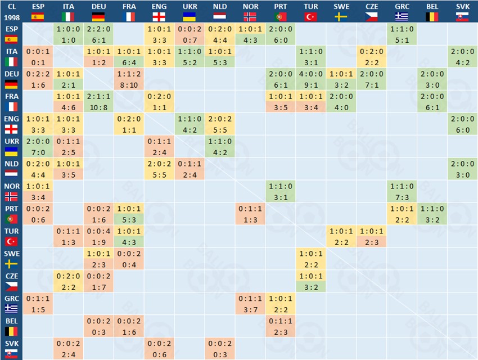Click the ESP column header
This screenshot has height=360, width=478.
(x=38, y=11)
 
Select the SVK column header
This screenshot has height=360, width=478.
(x=463, y=11)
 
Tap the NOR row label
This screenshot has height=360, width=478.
(x=11, y=191)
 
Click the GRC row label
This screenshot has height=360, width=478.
(x=11, y=304)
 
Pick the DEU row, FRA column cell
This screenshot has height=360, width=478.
(x=129, y=79)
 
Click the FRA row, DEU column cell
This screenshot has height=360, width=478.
(x=98, y=101)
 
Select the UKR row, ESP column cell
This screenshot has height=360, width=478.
(x=38, y=146)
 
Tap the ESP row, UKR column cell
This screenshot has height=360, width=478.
(x=190, y=34)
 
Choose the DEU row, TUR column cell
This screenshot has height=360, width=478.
(x=311, y=79)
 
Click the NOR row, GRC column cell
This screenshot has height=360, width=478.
(x=402, y=191)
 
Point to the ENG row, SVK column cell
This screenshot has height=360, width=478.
(x=463, y=124)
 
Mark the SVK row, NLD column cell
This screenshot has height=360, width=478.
(x=220, y=349)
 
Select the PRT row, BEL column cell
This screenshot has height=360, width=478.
(x=432, y=214)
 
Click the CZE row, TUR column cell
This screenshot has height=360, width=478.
(x=311, y=281)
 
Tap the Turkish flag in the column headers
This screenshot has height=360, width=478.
(x=311, y=17)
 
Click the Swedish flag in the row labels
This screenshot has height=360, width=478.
(x=11, y=264)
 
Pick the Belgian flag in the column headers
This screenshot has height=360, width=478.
(x=432, y=17)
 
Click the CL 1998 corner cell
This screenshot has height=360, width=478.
(x=11, y=11)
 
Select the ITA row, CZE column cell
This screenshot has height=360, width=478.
(x=372, y=56)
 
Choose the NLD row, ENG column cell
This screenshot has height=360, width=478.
(x=159, y=169)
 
